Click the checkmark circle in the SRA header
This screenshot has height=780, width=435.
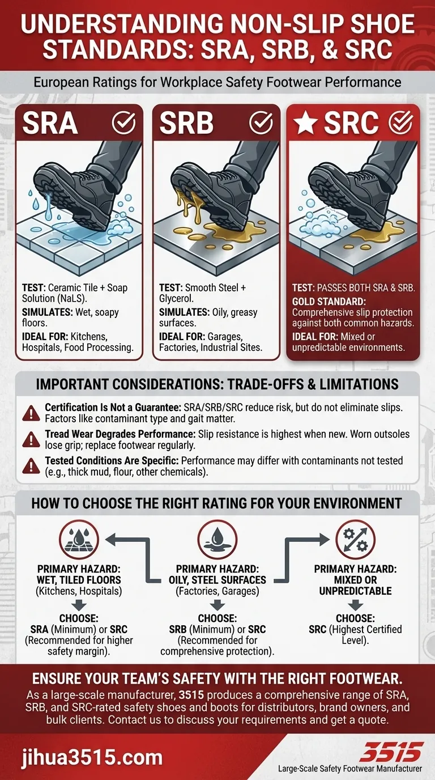(123, 122)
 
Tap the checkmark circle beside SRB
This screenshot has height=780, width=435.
(261, 122)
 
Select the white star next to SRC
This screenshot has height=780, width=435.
(306, 123)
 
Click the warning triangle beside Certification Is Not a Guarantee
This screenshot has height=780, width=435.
(28, 413)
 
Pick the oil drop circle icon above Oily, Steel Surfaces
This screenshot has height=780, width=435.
(217, 539)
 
